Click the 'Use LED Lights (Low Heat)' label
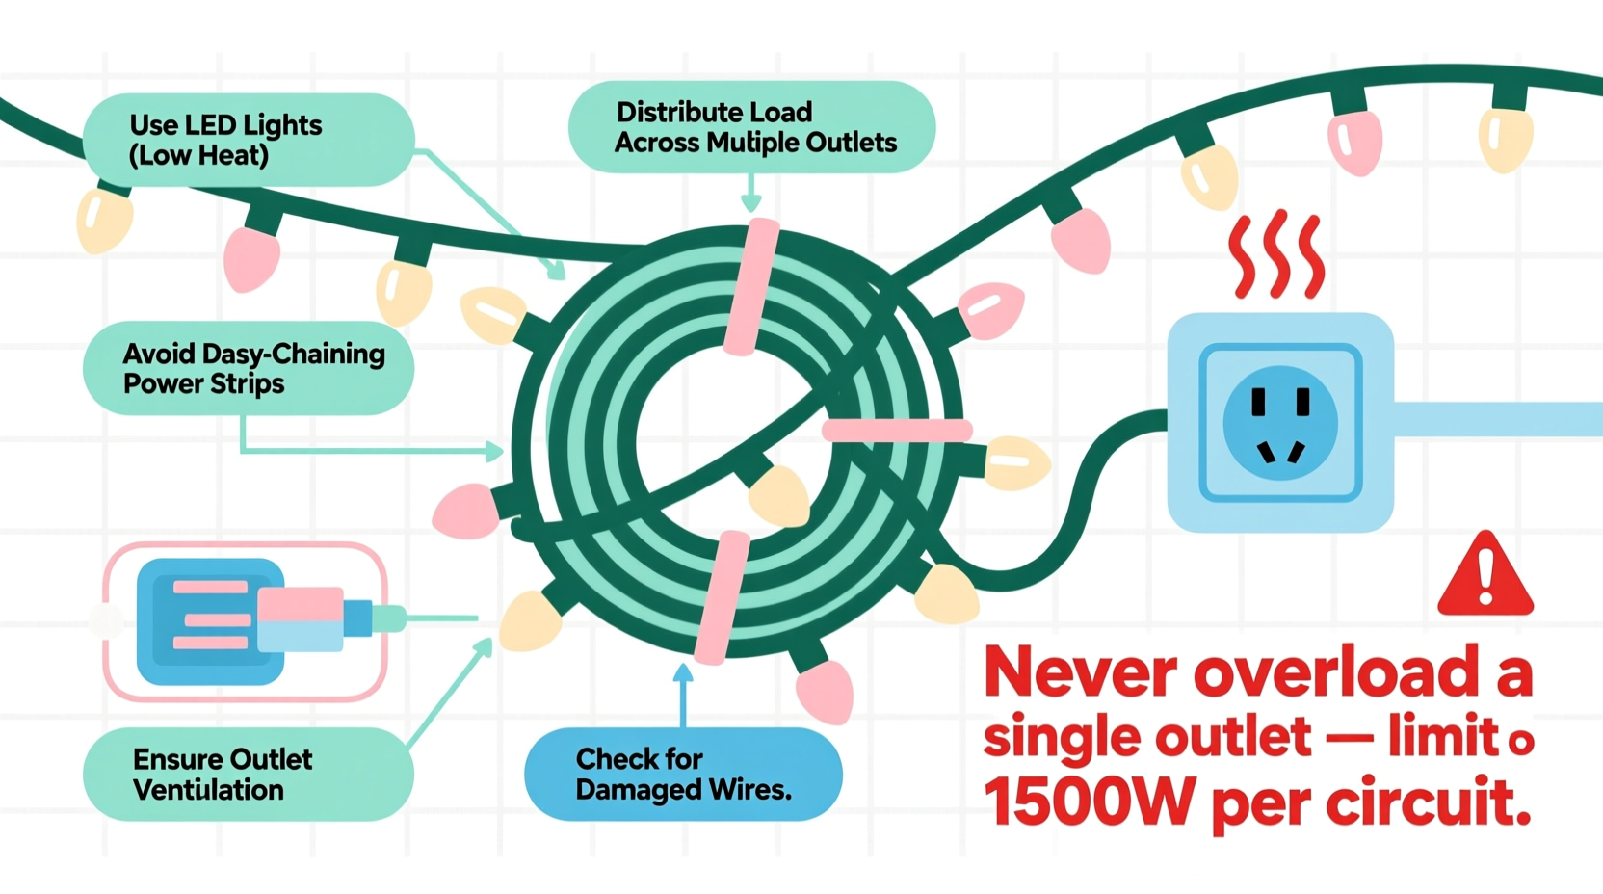249,140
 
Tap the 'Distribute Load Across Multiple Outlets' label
751,127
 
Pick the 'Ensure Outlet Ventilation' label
249,775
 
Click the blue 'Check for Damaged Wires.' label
683,775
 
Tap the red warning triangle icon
1485,576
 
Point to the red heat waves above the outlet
1275,254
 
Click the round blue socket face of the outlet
1279,422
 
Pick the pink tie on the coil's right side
896,431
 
